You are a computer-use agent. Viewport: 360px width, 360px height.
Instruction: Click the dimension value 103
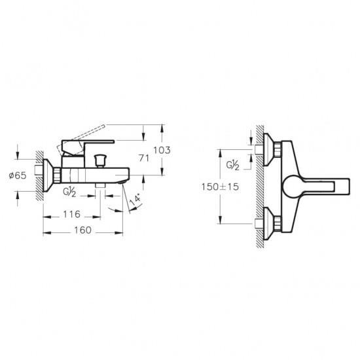(x=162, y=150)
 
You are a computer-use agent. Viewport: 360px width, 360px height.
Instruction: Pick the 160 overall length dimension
(x=81, y=231)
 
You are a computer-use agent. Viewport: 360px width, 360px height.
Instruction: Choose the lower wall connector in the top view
(x=271, y=221)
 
